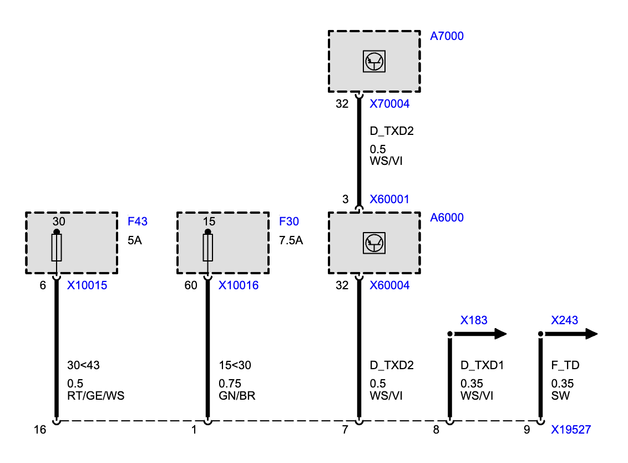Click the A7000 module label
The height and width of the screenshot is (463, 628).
click(447, 36)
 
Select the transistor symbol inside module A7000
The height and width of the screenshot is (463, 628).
click(374, 61)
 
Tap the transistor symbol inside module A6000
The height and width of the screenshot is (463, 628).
click(374, 243)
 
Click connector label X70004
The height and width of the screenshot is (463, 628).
click(389, 104)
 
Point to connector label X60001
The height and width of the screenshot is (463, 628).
click(389, 199)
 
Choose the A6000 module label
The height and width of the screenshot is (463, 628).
click(447, 218)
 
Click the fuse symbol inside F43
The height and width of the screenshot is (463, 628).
click(57, 248)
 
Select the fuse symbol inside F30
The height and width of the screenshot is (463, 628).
click(207, 248)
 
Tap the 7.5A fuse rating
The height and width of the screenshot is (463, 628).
click(291, 240)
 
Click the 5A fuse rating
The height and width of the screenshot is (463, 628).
click(135, 240)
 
